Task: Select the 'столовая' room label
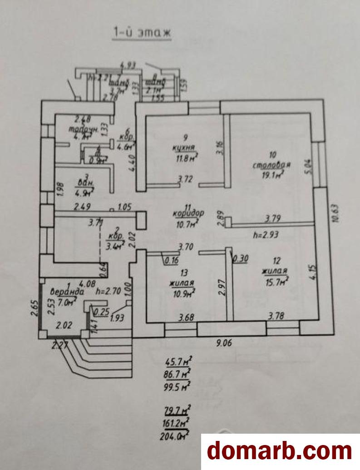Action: click(x=272, y=164)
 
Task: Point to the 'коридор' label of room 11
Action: click(x=188, y=213)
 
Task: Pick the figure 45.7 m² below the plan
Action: click(x=178, y=362)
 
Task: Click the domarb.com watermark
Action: click(x=280, y=451)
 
